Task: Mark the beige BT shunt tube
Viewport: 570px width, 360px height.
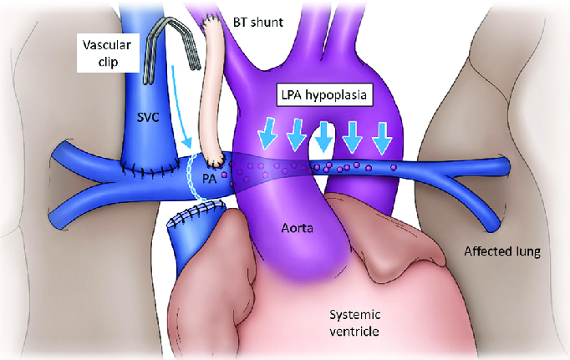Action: [214, 92]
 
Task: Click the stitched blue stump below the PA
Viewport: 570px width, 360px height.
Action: [191, 242]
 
